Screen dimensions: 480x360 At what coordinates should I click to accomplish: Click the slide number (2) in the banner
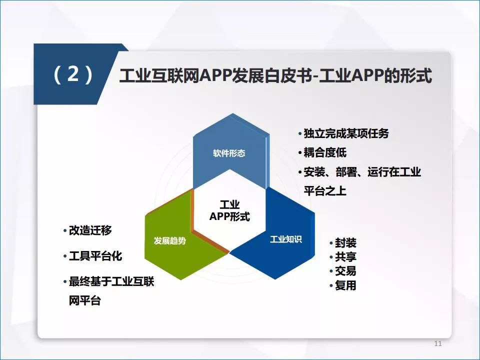point(73,74)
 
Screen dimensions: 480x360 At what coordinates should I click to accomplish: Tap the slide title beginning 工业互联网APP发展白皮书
point(275,75)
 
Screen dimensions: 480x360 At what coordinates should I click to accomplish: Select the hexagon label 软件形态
point(229,153)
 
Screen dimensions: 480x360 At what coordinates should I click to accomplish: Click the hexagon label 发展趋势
point(170,240)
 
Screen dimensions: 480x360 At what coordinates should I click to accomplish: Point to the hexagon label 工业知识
point(286,239)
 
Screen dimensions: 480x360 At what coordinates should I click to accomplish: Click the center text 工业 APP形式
point(229,210)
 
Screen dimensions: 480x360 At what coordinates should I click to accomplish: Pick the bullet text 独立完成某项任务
point(346,133)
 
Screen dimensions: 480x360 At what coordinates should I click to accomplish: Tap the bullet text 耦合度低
point(325,152)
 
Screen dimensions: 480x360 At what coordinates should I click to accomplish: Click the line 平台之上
point(325,190)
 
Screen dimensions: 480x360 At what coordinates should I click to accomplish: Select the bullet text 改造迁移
point(90,230)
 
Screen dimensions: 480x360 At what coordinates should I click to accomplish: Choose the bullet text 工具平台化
point(95,256)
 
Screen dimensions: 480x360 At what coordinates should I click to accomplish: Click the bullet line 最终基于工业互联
point(111,281)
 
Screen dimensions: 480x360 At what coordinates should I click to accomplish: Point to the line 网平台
point(85,300)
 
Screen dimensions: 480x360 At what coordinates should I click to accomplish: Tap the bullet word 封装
point(345,243)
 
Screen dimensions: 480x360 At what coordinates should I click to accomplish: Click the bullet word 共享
point(345,257)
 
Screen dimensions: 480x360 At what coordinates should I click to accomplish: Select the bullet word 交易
point(345,271)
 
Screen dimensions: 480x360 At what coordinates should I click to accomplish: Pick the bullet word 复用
point(345,285)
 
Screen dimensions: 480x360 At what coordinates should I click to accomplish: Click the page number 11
point(438,343)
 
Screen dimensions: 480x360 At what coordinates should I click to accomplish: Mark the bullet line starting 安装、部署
point(362,171)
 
